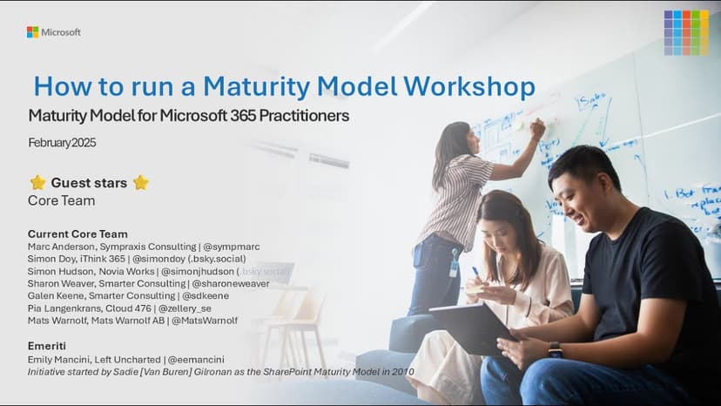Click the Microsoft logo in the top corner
pos(53,32)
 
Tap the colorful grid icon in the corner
pos(685,32)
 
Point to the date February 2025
pos(62,143)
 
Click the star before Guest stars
pos(37,183)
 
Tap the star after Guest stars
pos(140,183)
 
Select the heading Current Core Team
pos(77,233)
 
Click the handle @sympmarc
pos(231,247)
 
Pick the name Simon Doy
pos(52,259)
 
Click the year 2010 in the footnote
pos(402,371)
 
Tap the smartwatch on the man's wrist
pos(555,349)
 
